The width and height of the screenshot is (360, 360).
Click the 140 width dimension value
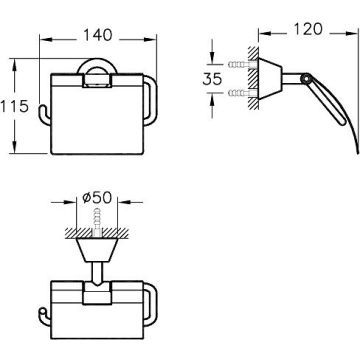(98, 35)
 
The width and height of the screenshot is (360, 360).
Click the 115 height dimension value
(14, 106)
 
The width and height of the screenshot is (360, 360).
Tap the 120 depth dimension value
(308, 29)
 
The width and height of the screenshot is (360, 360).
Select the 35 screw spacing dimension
(212, 79)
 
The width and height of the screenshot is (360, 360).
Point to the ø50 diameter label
(97, 198)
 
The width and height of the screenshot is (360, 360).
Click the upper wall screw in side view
(243, 64)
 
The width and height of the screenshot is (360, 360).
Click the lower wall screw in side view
(243, 93)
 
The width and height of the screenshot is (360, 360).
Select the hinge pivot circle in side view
(305, 79)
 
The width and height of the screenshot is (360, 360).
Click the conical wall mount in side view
(270, 79)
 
